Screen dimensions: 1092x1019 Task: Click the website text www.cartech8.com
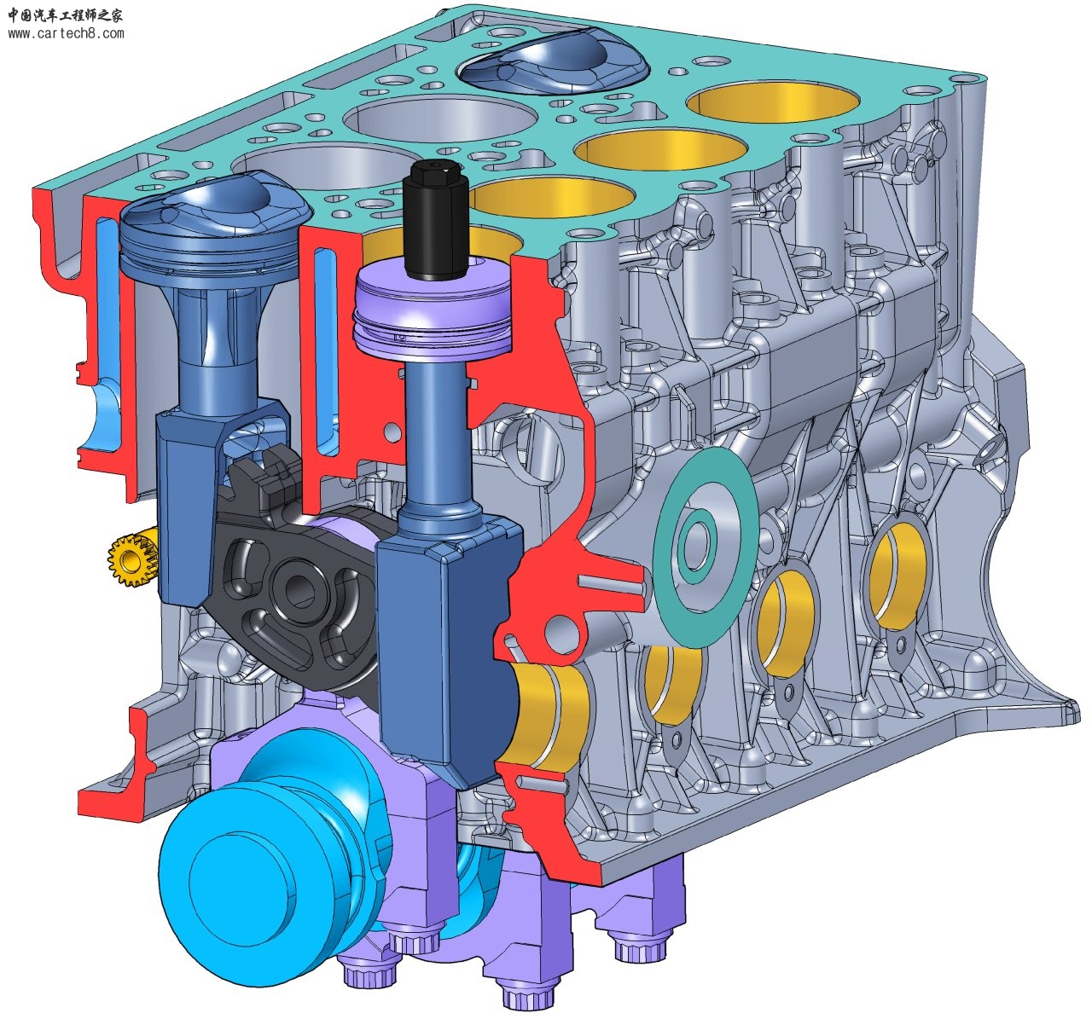pos(66,33)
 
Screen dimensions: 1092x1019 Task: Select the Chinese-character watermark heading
pos(66,14)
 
